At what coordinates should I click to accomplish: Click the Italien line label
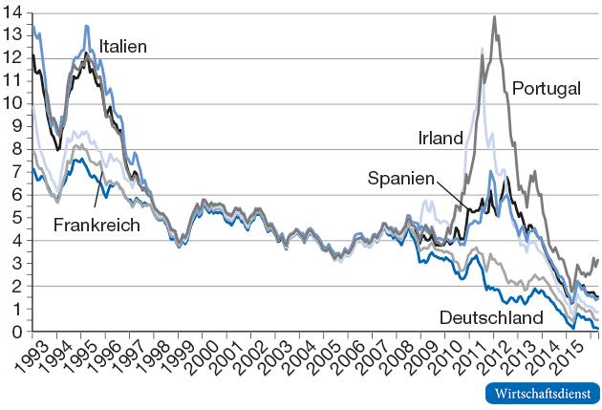[x=123, y=46]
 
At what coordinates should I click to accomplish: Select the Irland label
[x=441, y=139]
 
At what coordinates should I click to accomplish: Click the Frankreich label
[x=97, y=225]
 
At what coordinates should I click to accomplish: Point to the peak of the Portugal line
[x=494, y=17]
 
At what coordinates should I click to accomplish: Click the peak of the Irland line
[x=481, y=48]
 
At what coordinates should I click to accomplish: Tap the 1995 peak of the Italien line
[x=86, y=26]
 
